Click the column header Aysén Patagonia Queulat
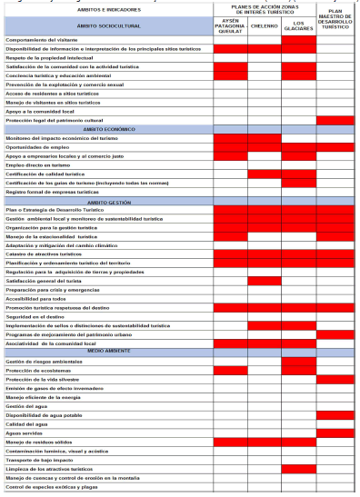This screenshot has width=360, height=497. (230, 26)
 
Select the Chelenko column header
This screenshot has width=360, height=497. (264, 26)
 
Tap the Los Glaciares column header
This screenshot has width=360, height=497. (298, 26)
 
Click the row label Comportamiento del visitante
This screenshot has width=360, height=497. (40, 40)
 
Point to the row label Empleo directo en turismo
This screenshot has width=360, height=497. (37, 164)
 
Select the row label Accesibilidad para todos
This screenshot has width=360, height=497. (35, 298)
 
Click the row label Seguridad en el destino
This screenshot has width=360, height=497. (37, 315)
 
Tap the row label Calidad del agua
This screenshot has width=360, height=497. (27, 422)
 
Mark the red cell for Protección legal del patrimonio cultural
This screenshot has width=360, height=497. (335, 120)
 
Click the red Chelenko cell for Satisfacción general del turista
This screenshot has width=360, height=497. (264, 281)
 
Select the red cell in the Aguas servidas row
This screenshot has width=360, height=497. (335, 432)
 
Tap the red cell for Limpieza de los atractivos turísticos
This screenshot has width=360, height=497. (298, 468)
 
